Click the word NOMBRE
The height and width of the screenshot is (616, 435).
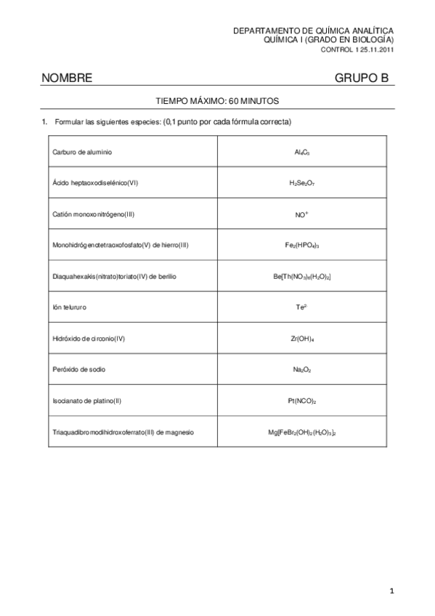tap(67, 78)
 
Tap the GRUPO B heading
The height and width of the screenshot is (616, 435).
tap(362, 78)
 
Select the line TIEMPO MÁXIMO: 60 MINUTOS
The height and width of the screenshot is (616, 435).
tap(218, 101)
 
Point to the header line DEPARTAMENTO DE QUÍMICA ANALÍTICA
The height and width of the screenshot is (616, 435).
tap(313, 31)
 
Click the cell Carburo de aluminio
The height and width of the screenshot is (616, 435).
tap(82, 152)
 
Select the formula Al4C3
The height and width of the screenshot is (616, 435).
tap(302, 153)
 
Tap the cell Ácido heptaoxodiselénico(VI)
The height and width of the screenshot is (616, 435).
tap(95, 183)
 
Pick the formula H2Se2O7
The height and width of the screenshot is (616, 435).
tap(302, 184)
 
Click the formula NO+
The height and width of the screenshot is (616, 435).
tap(301, 214)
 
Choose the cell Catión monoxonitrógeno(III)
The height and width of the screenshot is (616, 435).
tap(94, 214)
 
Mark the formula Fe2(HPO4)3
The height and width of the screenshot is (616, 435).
tap(302, 246)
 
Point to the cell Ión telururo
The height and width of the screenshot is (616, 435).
tap(70, 307)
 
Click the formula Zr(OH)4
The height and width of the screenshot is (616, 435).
tap(302, 339)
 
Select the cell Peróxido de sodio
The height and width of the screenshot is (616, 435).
tap(79, 370)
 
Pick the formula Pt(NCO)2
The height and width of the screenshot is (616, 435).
tap(302, 401)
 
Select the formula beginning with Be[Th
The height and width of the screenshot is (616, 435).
tap(302, 277)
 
